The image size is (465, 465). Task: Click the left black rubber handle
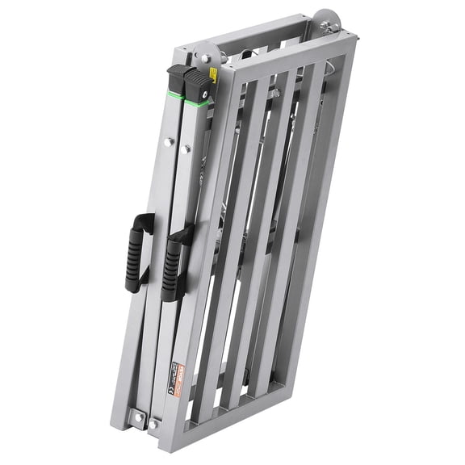[139, 252]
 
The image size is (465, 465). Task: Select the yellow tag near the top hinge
[213, 75]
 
